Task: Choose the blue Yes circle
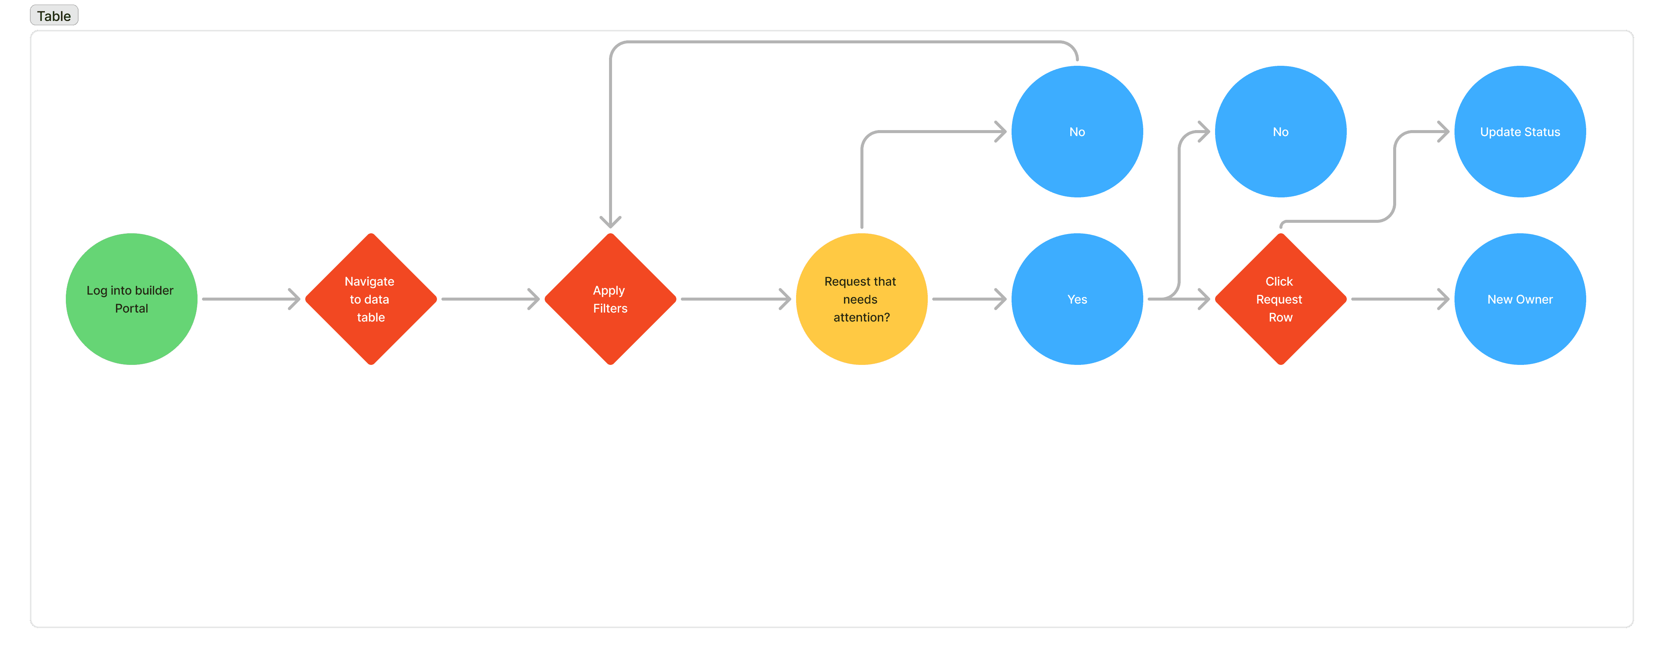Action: point(1077,299)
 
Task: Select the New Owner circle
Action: point(1519,299)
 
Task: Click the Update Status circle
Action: point(1519,132)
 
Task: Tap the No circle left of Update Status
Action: point(1280,132)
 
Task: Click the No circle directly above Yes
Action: point(1077,132)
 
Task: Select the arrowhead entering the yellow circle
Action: point(786,299)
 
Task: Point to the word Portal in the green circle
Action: point(132,309)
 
